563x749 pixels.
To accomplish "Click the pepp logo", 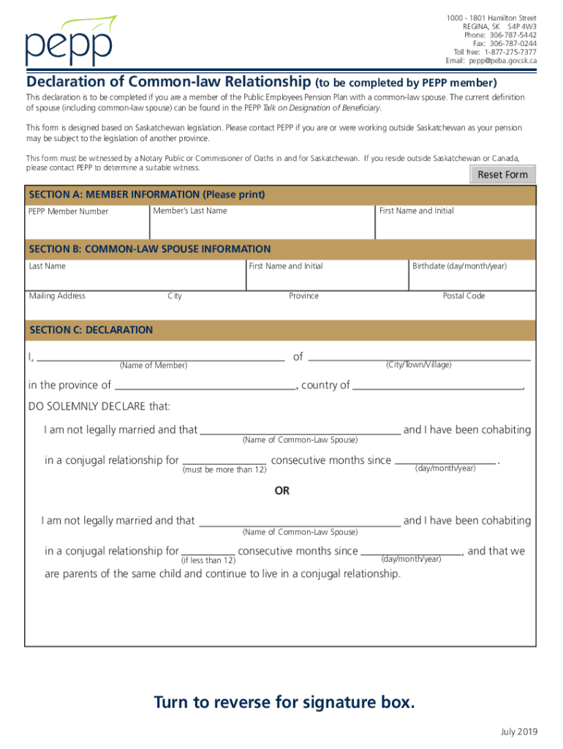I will [70, 41].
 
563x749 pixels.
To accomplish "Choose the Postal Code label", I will [464, 296].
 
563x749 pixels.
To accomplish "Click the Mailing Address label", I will [57, 296].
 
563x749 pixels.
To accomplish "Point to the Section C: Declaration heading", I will [91, 330].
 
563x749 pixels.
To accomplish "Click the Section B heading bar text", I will [150, 249].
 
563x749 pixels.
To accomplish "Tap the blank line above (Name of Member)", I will [161, 358].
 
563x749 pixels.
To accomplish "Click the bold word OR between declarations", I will [282, 491].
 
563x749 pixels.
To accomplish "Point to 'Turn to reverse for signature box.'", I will [284, 703].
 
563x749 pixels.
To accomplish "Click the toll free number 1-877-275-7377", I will [505, 52].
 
